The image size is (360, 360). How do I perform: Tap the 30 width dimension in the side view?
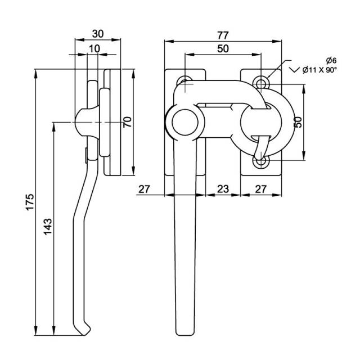(x=98, y=33)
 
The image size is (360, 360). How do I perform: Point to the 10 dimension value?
(x=94, y=48)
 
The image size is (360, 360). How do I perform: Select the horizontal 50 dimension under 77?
(x=223, y=48)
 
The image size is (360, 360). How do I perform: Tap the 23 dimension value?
(x=223, y=190)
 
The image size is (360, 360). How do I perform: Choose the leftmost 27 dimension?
(x=145, y=190)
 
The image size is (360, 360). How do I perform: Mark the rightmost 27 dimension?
(x=260, y=190)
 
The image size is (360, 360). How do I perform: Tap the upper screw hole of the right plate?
(x=260, y=83)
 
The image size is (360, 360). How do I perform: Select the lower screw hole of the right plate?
(x=260, y=162)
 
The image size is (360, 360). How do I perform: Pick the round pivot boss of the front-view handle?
(x=183, y=121)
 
